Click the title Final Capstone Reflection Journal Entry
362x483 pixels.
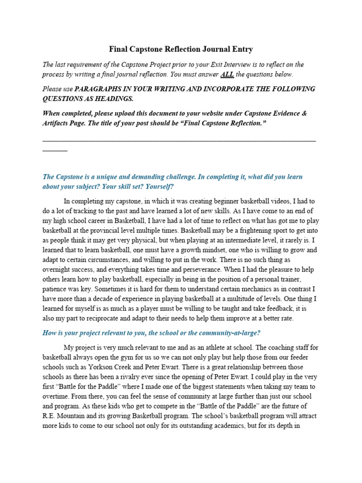[x=181, y=49]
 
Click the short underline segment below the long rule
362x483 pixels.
[x=55, y=150]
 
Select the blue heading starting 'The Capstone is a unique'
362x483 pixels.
[x=173, y=182]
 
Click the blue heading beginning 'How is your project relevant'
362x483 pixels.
[x=151, y=333]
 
